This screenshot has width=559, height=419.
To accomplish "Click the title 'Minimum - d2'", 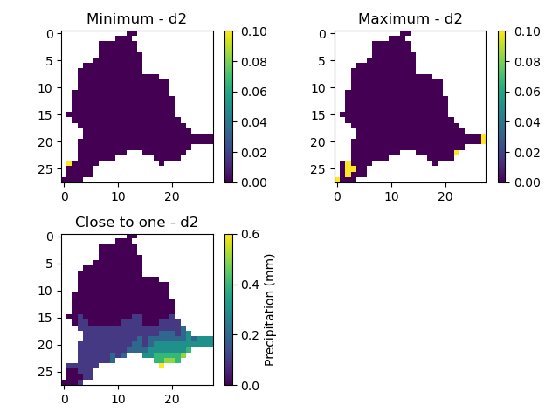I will (x=137, y=19).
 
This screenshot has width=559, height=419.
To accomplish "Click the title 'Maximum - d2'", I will (x=410, y=19).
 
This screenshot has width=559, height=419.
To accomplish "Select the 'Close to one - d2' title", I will (x=137, y=223).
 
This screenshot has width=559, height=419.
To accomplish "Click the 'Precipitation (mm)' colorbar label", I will (x=270, y=310).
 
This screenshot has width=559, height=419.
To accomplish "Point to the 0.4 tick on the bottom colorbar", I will (x=247, y=285).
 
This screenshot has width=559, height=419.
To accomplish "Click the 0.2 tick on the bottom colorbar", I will (x=247, y=335).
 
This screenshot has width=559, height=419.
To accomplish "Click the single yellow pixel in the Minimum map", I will (x=69, y=163).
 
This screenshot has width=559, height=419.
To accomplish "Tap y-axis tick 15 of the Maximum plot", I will (x=326, y=114).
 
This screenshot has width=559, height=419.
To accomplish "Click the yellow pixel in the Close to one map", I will (x=162, y=366).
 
